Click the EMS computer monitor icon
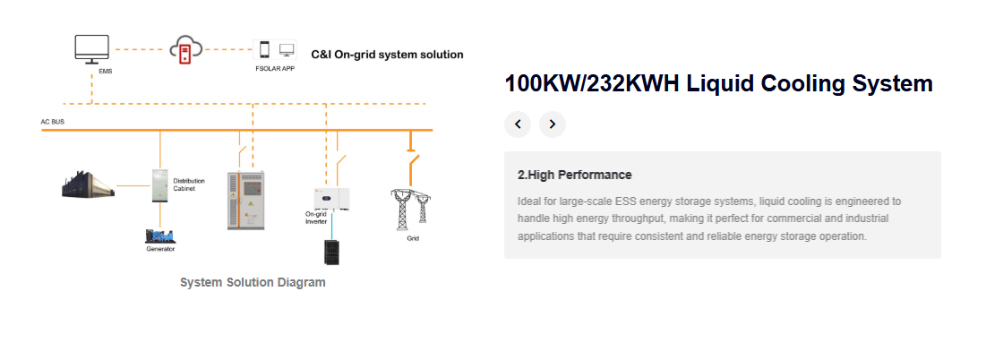click(x=92, y=49)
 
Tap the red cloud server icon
click(x=186, y=49)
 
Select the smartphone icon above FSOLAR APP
click(x=265, y=49)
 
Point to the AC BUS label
click(x=53, y=121)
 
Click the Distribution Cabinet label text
click(x=189, y=184)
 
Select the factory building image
click(x=88, y=184)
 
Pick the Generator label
click(x=160, y=250)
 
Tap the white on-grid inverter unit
click(x=332, y=199)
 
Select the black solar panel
click(x=331, y=252)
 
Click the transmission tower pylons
click(x=411, y=210)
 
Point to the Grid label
click(x=413, y=239)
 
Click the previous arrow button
click(x=518, y=124)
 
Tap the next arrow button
click(x=553, y=124)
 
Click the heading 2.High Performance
click(x=575, y=176)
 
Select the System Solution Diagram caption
click(x=253, y=282)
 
